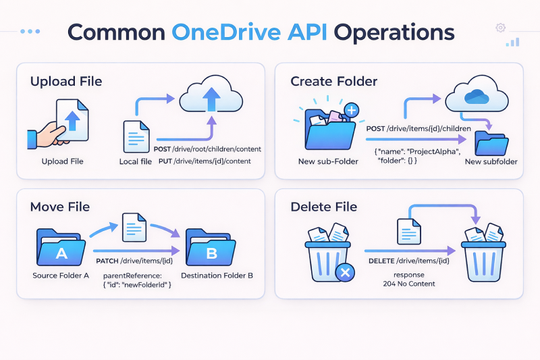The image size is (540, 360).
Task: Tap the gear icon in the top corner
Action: pos(500,28)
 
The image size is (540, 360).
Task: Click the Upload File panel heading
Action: pos(66,82)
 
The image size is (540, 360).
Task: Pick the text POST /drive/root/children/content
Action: pos(207,149)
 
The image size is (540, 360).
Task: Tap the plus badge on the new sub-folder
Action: pos(350,110)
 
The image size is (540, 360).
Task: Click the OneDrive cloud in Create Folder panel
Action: pos(477,97)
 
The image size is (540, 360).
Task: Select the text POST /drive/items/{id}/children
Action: pos(413,128)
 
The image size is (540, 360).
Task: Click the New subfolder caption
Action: pos(491,161)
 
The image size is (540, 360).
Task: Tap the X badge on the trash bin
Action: pos(345,273)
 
